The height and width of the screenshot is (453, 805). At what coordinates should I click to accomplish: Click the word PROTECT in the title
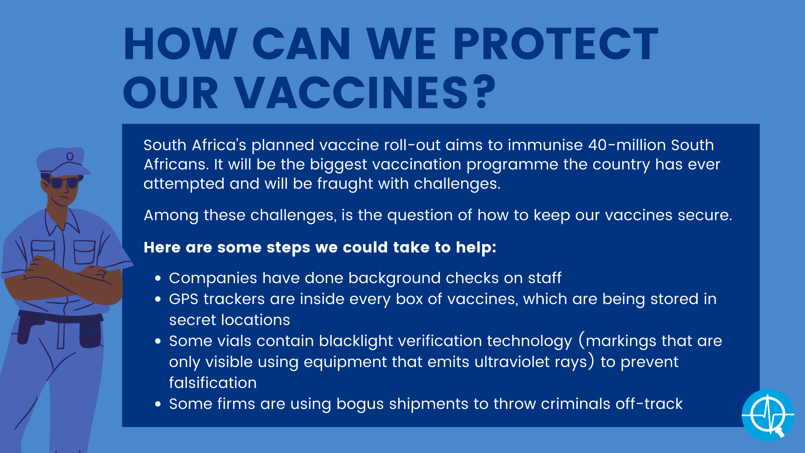pos(556,44)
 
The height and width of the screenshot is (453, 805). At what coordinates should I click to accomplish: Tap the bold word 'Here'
pos(162,247)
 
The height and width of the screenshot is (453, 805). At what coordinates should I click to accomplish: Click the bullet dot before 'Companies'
pos(158,278)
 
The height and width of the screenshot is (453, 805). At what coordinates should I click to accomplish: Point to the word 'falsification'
pos(213,383)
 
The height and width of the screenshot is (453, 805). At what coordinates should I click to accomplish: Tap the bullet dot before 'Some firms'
pos(158,404)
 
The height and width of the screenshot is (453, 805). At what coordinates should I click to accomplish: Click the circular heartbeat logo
pos(768,415)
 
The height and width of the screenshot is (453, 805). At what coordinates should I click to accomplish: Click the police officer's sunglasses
pos(64,183)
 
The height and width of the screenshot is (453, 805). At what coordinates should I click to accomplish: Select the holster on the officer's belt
pos(90,331)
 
